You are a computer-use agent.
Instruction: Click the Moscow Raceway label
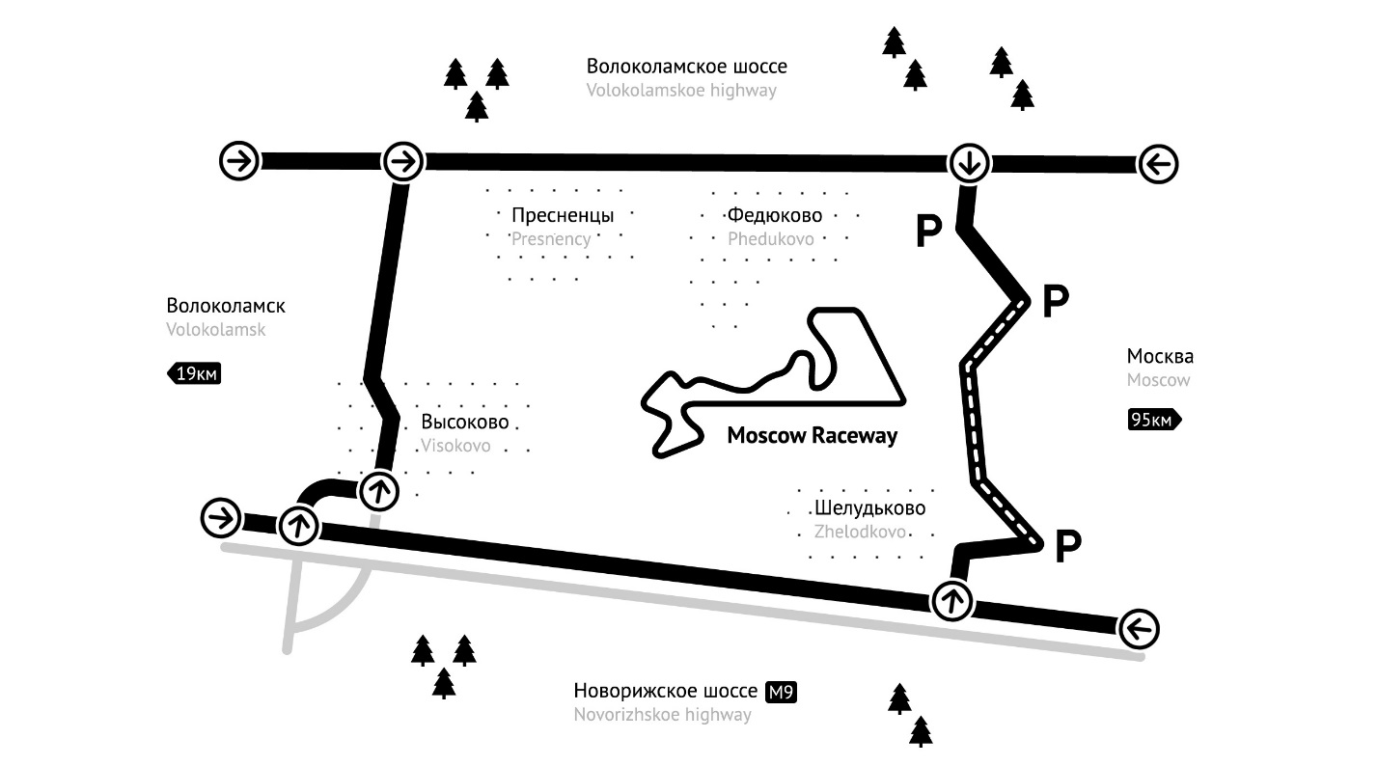point(812,436)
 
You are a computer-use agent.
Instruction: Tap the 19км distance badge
point(195,373)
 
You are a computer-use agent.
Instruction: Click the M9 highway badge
point(781,692)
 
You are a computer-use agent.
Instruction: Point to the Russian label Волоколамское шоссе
point(686,67)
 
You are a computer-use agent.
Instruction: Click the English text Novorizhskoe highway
point(662,715)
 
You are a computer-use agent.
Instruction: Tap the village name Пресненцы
point(563,215)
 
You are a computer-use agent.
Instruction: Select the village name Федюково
point(775,215)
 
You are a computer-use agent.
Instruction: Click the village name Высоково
point(464,423)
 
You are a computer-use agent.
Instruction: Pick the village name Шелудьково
point(869,508)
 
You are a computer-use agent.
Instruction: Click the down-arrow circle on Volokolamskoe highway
point(968,164)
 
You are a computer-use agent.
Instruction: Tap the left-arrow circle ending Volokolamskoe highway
point(1158,165)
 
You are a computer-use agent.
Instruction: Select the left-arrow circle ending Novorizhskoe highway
point(1139,630)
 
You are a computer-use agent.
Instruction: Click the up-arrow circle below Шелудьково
point(952,601)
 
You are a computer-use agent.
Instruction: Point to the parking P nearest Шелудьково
point(1066,547)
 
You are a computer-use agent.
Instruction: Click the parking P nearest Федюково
point(928,232)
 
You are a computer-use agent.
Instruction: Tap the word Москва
point(1160,356)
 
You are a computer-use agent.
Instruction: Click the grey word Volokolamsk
point(215,329)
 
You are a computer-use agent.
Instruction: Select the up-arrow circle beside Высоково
point(378,492)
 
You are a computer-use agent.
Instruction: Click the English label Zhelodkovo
point(860,532)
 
